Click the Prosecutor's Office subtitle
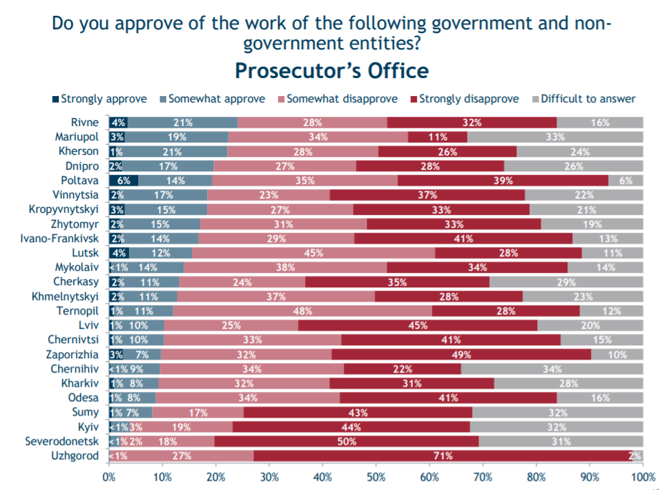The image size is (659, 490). point(332,71)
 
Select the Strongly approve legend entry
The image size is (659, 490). point(100,99)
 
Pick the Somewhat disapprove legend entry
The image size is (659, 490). point(341,99)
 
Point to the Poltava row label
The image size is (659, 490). point(81,181)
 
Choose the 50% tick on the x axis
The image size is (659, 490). point(376,475)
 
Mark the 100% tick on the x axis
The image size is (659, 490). point(643,475)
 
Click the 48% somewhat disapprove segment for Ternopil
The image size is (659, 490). point(302,311)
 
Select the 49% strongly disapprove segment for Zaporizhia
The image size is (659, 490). point(461,355)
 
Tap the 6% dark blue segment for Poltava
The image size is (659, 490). point(123,181)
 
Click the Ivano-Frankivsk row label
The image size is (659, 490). point(59,239)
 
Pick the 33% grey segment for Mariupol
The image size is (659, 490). point(555,137)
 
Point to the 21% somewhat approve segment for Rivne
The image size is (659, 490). point(183,123)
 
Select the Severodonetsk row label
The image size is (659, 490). point(61,441)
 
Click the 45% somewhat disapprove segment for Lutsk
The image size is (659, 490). point(313,253)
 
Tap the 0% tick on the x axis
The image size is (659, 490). point(109,475)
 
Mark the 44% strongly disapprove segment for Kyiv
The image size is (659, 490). point(351,427)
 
